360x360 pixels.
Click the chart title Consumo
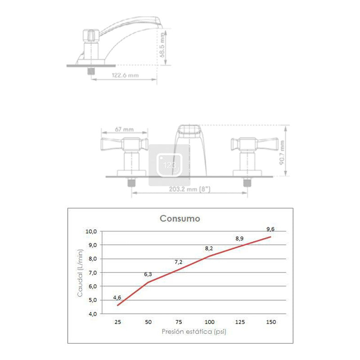pyautogui.click(x=180, y=218)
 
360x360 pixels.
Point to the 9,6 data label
pyautogui.click(x=270, y=229)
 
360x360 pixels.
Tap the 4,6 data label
pyautogui.click(x=117, y=297)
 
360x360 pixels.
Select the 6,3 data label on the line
pyautogui.click(x=148, y=274)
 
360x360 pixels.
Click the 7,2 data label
pyautogui.click(x=178, y=262)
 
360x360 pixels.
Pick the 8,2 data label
pyautogui.click(x=209, y=248)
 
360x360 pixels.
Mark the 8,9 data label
pyautogui.click(x=239, y=238)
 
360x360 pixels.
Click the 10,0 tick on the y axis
pyautogui.click(x=91, y=231)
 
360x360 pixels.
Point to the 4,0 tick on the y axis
pyautogui.click(x=93, y=314)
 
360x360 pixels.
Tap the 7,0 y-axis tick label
pyautogui.click(x=93, y=273)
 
